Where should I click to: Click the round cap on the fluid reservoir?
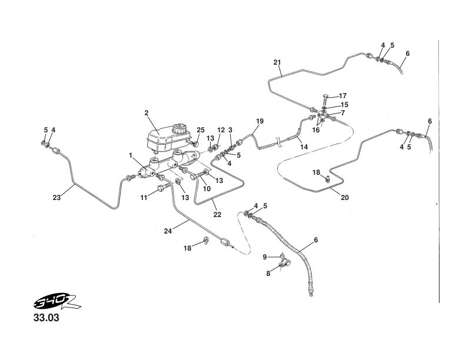point(178,128)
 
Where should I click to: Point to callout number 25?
point(201,129)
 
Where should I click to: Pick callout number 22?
point(217,215)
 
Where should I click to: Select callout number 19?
point(259,121)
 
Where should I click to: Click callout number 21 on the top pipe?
point(278,62)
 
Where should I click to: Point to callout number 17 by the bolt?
point(342,96)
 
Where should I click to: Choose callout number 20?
point(345,198)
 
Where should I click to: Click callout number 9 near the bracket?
point(265,256)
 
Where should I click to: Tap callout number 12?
point(221,129)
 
